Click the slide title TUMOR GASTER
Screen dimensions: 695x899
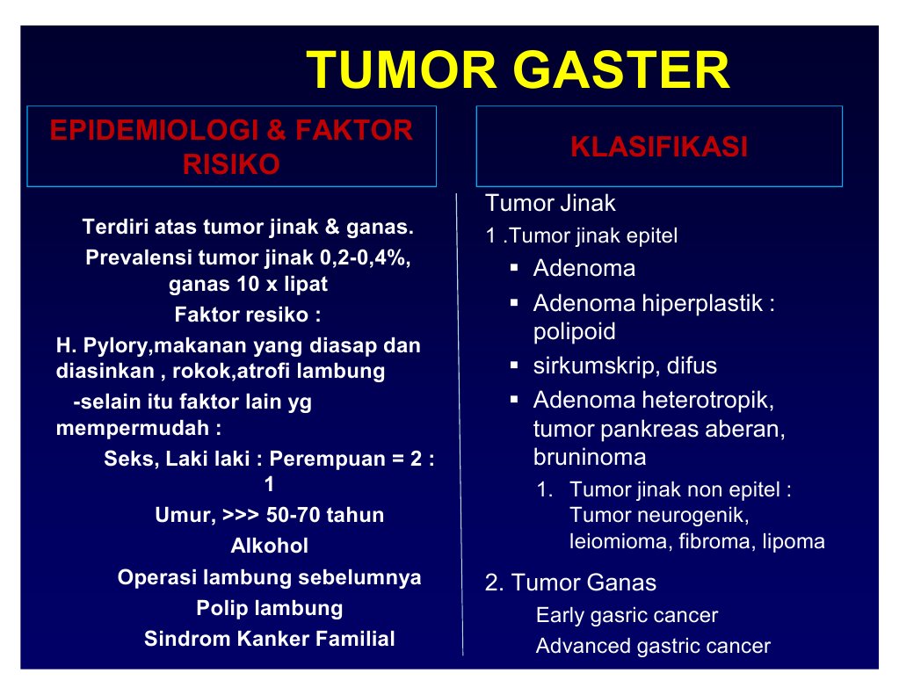(x=518, y=71)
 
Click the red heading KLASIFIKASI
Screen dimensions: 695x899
(x=659, y=147)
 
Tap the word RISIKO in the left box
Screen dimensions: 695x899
(x=231, y=164)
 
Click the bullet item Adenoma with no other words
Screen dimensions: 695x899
(x=584, y=269)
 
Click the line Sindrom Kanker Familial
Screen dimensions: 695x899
(x=270, y=639)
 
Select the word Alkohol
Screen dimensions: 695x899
(x=270, y=547)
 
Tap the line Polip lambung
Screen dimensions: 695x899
(x=270, y=608)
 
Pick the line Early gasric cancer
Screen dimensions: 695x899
(x=627, y=616)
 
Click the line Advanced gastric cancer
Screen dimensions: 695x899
(x=653, y=647)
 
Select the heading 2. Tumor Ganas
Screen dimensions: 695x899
(x=570, y=583)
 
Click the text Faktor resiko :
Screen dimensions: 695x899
(x=247, y=315)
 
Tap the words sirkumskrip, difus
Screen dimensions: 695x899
(x=625, y=366)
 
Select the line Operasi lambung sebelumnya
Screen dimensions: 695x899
(x=270, y=578)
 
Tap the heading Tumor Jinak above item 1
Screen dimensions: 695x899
(x=550, y=204)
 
